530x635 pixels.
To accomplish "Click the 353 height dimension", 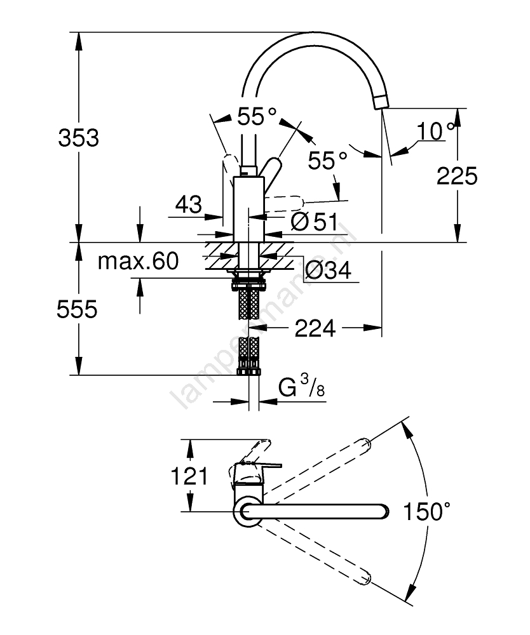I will [79, 137].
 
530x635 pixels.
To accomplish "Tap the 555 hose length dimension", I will [77, 309].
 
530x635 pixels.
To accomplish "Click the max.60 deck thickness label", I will [138, 261].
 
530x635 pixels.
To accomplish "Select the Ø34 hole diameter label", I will [327, 271].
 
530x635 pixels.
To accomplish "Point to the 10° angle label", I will [437, 131].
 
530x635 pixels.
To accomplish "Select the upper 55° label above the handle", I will [257, 116].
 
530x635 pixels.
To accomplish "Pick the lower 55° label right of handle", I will [329, 160].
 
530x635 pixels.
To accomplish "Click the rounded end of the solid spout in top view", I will [381, 511].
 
